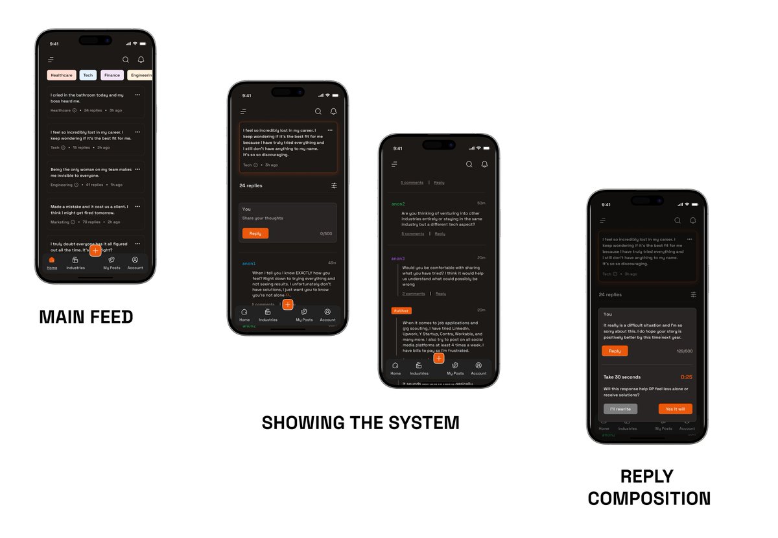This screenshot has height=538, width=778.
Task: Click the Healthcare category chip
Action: point(62,75)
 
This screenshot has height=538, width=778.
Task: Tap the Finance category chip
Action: point(112,75)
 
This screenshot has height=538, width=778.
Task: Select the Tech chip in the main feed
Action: point(88,75)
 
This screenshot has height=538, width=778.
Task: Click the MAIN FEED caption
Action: point(86,317)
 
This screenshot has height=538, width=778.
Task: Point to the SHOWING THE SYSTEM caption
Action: point(360,423)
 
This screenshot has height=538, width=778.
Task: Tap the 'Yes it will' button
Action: point(676,409)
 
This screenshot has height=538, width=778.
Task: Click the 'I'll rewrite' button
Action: point(620,409)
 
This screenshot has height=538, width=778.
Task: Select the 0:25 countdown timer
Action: point(686,377)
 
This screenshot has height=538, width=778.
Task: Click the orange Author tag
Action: point(401,310)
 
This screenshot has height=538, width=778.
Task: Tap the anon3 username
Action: point(398,258)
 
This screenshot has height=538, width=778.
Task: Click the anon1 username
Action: point(249,263)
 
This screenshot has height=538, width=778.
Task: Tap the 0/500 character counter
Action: point(326,233)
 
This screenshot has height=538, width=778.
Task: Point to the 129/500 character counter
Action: point(685,351)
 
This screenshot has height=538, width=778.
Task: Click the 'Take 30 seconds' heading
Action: point(622,377)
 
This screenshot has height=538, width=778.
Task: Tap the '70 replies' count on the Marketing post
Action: point(91,222)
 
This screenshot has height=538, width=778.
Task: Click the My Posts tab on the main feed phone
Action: point(112,263)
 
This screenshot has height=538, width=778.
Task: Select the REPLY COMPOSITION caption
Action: point(649,487)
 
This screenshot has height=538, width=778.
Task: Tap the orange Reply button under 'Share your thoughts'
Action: point(255,233)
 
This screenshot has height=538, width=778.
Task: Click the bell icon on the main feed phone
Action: point(141,60)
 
